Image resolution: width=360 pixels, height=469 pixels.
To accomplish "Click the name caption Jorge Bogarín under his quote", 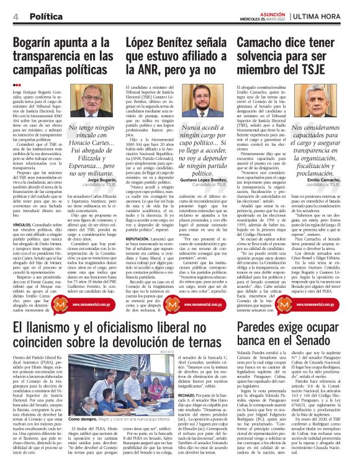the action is [x=102, y=162].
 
